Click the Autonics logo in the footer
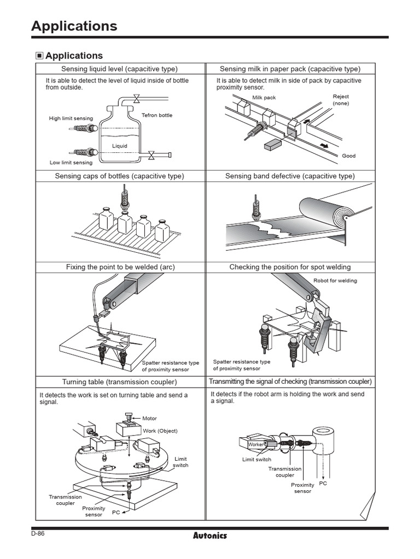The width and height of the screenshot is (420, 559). pyautogui.click(x=210, y=536)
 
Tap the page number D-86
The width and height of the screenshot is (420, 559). pyautogui.click(x=38, y=533)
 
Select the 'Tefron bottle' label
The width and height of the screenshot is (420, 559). pyautogui.click(x=157, y=115)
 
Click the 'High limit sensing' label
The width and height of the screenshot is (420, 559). pyautogui.click(x=71, y=118)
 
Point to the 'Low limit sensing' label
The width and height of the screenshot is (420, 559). pyautogui.click(x=71, y=162)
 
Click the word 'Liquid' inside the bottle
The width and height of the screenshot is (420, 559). pyautogui.click(x=120, y=146)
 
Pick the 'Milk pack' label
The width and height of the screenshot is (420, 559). pyautogui.click(x=264, y=98)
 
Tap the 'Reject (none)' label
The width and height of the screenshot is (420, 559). pyautogui.click(x=341, y=100)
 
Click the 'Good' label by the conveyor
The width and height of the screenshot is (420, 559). pyautogui.click(x=348, y=156)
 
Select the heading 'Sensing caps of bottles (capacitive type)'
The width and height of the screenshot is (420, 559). pyautogui.click(x=120, y=176)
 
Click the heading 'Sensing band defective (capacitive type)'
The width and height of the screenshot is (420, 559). pyautogui.click(x=290, y=176)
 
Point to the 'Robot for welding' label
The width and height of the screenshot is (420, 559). pyautogui.click(x=335, y=281)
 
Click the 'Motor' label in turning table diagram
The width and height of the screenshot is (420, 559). pyautogui.click(x=149, y=418)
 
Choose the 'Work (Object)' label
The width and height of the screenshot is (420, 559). pyautogui.click(x=160, y=431)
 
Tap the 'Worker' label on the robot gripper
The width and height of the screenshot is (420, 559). pyautogui.click(x=255, y=444)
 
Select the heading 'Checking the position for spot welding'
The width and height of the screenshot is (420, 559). pyautogui.click(x=290, y=267)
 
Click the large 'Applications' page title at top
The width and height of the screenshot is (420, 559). pyautogui.click(x=74, y=26)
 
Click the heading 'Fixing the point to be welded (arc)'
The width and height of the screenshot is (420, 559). pyautogui.click(x=120, y=267)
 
